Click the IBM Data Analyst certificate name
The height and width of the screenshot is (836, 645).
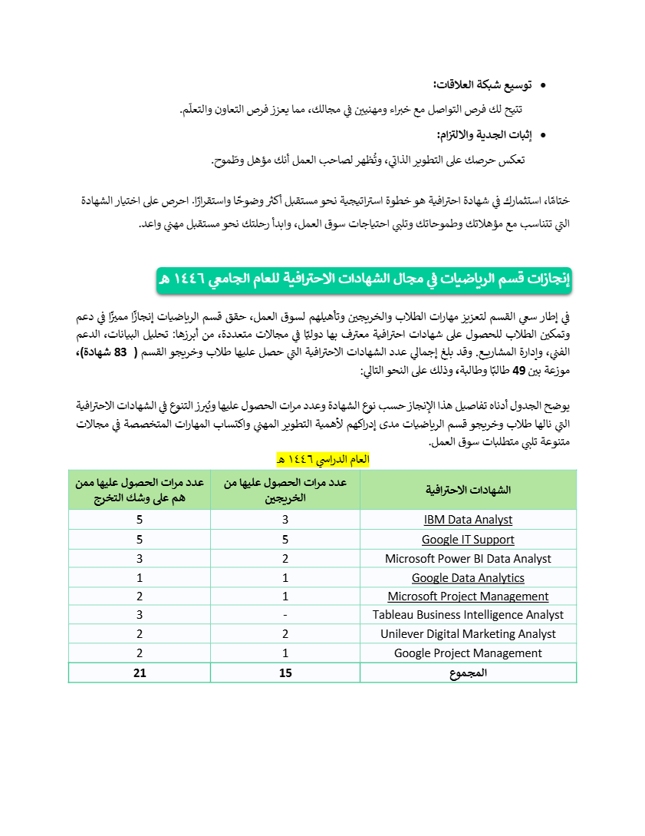(468, 520)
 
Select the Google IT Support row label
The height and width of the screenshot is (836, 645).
(468, 540)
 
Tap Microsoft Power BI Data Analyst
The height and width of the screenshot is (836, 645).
(468, 559)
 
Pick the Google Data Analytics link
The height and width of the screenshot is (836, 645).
(468, 578)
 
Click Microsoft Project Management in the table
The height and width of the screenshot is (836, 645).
(468, 596)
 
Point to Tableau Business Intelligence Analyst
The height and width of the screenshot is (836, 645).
(468, 615)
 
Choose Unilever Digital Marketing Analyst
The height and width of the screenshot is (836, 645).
(468, 634)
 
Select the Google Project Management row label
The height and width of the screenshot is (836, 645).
(468, 653)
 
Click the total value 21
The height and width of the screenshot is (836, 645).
(139, 673)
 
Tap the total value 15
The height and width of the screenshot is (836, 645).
(285, 673)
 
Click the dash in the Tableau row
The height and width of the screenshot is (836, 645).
(285, 615)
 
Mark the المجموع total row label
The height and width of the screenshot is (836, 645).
(468, 673)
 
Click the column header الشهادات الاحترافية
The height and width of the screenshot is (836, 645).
(468, 490)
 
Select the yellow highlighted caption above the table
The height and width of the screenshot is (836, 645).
(322, 460)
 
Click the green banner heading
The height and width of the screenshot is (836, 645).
(364, 279)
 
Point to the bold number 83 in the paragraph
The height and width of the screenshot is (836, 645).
(120, 353)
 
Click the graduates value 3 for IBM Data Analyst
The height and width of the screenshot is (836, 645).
(285, 520)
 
